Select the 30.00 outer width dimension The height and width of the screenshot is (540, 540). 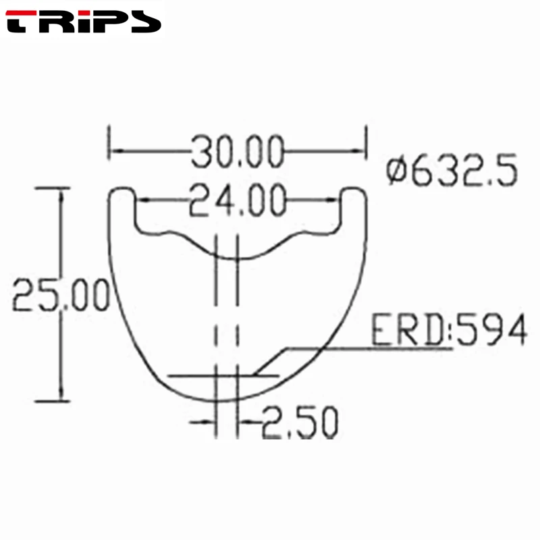pyautogui.click(x=236, y=152)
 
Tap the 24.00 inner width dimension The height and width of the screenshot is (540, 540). pyautogui.click(x=236, y=200)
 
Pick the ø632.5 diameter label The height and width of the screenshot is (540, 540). pyautogui.click(x=452, y=171)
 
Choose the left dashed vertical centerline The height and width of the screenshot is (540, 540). pyautogui.click(x=216, y=317)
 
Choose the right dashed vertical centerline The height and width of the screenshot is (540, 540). pyautogui.click(x=237, y=317)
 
